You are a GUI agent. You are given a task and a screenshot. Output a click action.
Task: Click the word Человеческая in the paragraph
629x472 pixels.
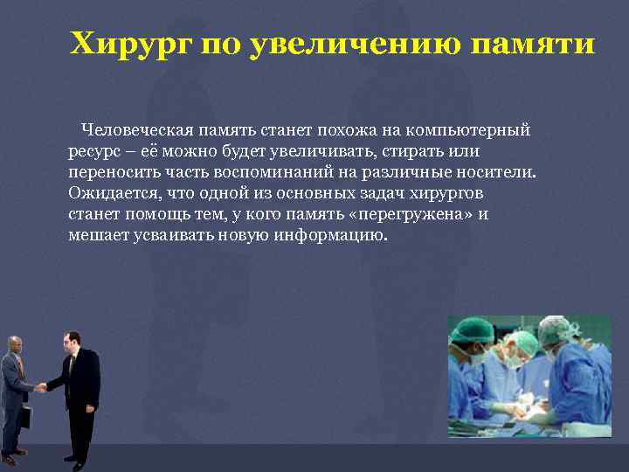point(133,130)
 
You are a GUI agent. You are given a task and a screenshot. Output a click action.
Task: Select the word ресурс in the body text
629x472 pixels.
point(93,150)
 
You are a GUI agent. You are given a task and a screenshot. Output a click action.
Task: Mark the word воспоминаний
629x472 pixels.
point(266,171)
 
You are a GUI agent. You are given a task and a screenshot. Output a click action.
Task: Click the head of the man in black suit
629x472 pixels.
point(73,340)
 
